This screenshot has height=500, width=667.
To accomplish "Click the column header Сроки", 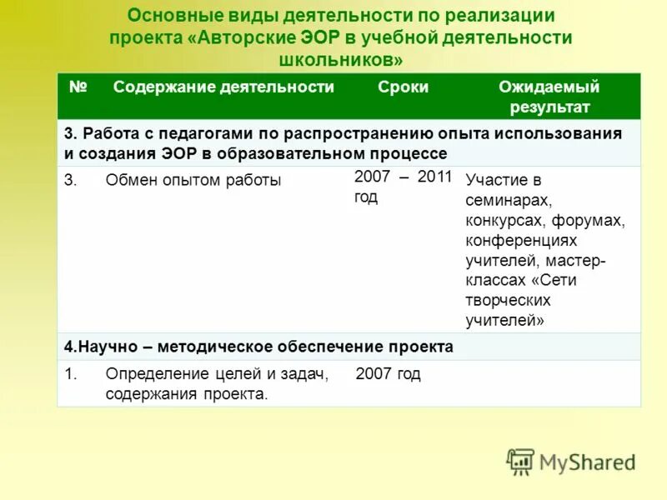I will pos(403,87).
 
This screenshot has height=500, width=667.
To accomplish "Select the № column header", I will pos(78,87).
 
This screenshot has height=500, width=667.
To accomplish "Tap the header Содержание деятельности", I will pos(223,87).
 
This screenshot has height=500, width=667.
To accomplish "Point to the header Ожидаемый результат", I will pos(549,97).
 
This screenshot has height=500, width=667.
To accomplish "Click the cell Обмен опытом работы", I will pos(193,180).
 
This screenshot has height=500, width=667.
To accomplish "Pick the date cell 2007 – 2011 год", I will pos(403,187).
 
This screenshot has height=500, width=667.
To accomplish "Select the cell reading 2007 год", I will pos(388,374).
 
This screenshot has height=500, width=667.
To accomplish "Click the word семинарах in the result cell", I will pos(509,200).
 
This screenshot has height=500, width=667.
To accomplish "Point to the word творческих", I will pos(508,300).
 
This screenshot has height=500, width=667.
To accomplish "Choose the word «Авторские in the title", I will pos(242,38).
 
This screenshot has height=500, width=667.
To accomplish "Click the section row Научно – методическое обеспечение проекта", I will pos(259,347).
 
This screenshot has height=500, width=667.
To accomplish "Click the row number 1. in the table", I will pos(71,374).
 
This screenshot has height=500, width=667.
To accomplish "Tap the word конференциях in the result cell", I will pos(521,240).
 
